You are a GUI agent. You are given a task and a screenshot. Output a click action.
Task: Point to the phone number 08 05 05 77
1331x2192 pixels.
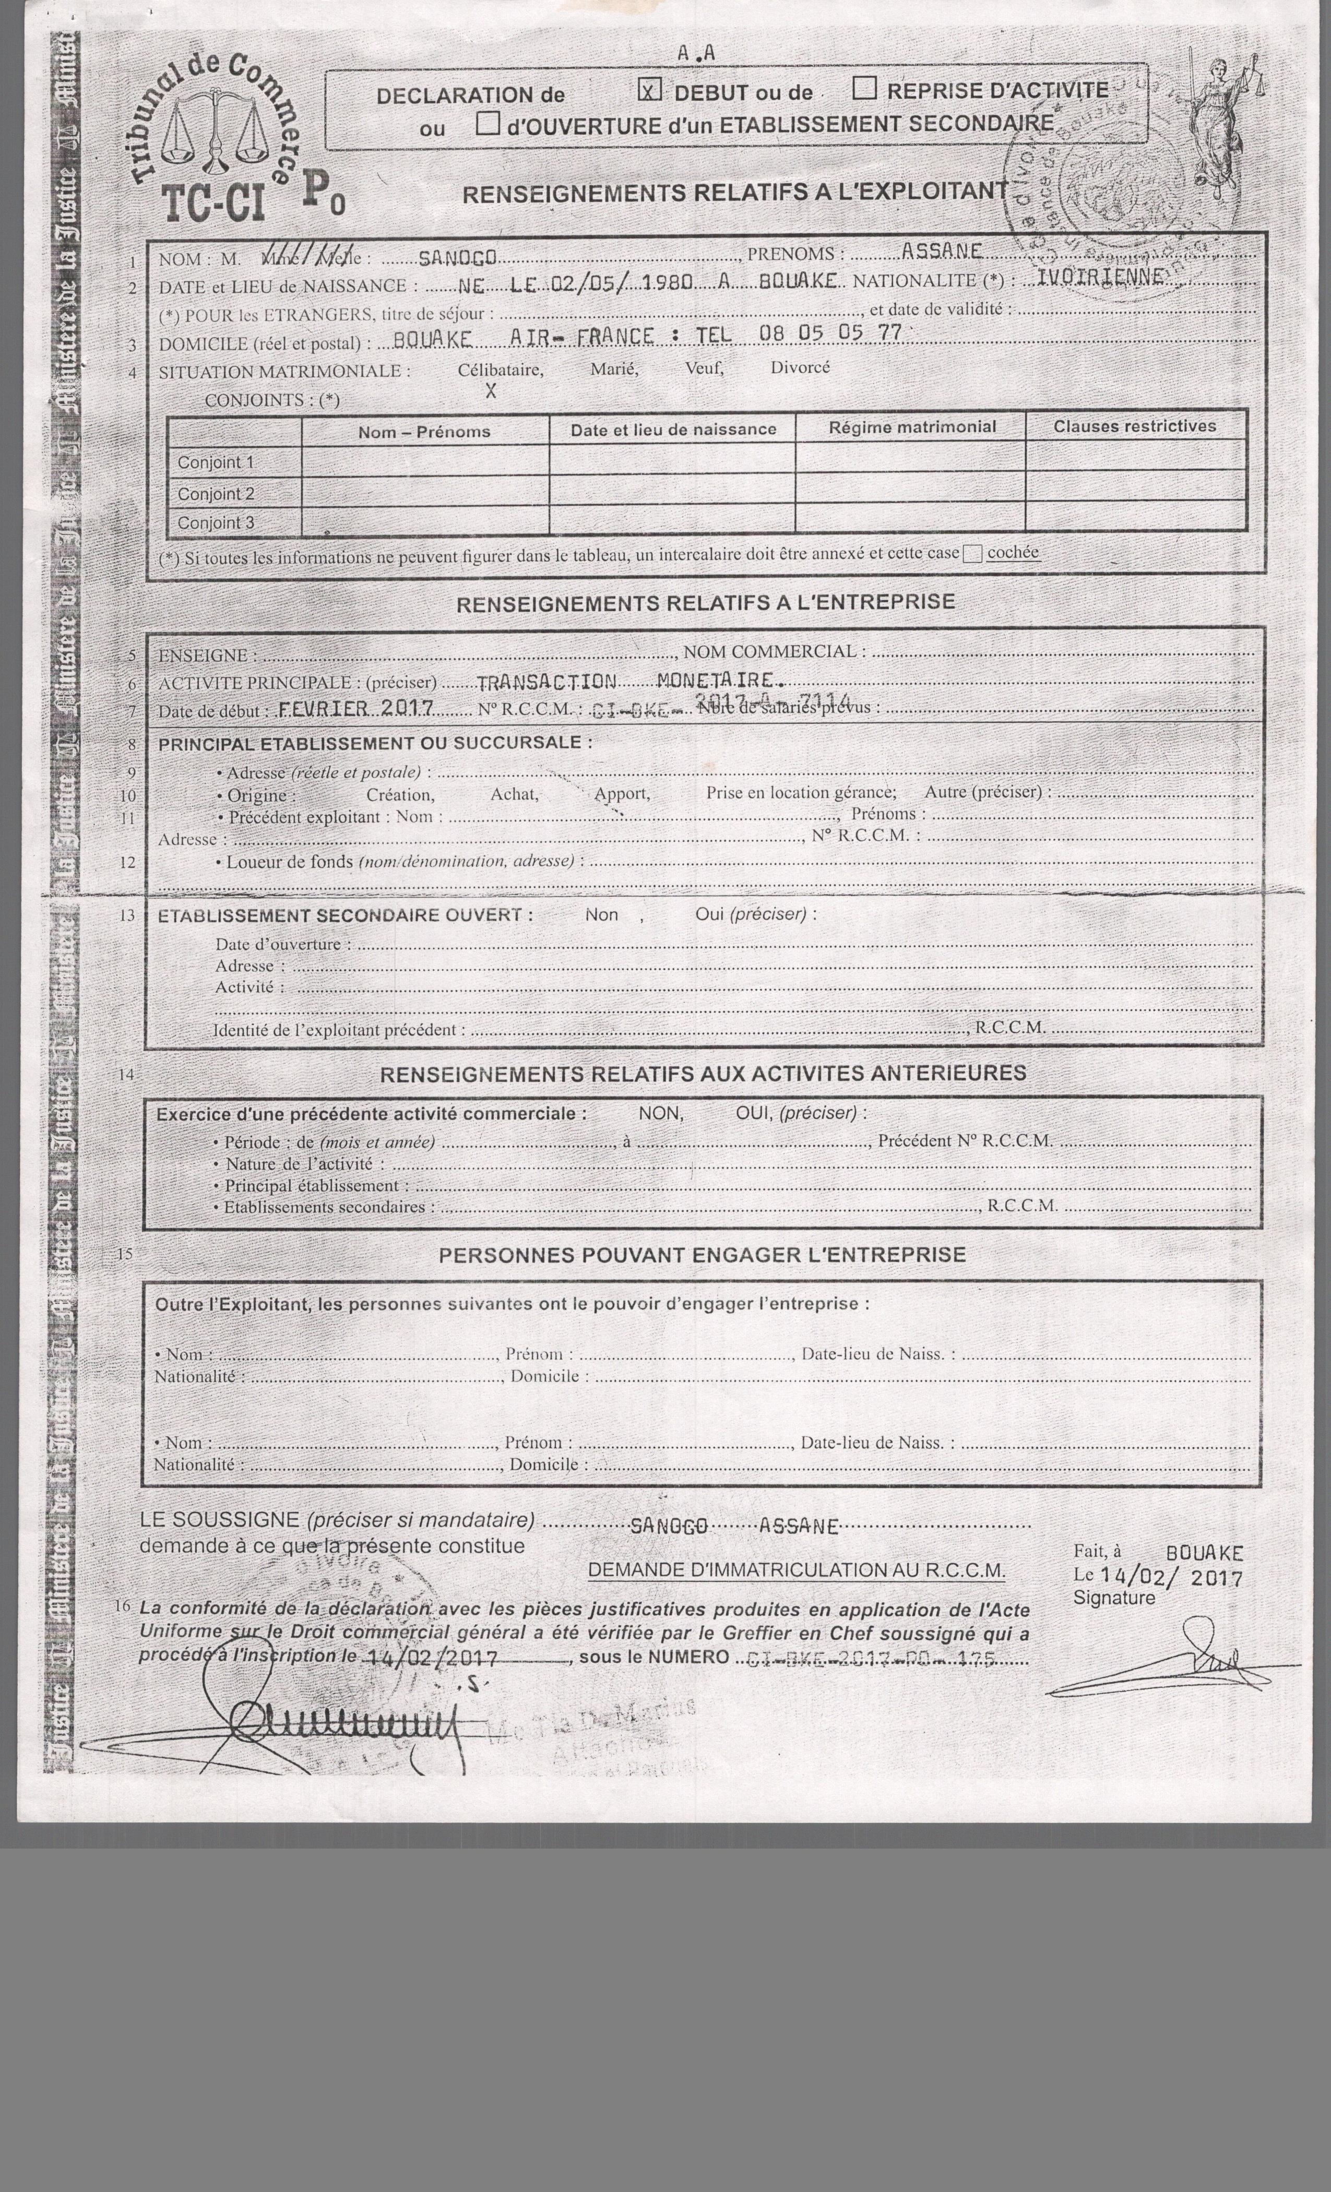click(x=829, y=333)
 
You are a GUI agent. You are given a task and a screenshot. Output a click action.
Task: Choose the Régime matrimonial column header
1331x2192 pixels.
click(x=912, y=427)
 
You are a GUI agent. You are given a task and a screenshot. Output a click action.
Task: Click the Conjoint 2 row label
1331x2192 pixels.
click(x=216, y=494)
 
